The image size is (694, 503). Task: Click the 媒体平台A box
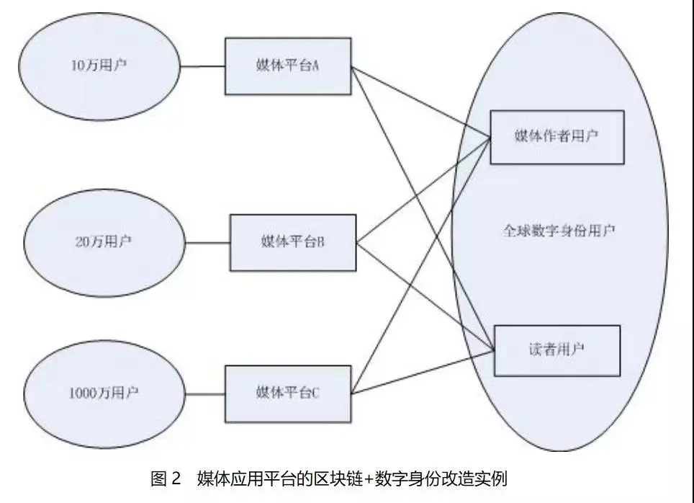click(288, 66)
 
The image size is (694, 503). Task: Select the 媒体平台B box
click(292, 243)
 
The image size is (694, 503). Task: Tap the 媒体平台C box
click(288, 393)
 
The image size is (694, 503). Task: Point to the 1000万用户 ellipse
click(104, 393)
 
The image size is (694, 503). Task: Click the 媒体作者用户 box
click(556, 137)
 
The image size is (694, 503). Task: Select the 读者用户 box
click(556, 350)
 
